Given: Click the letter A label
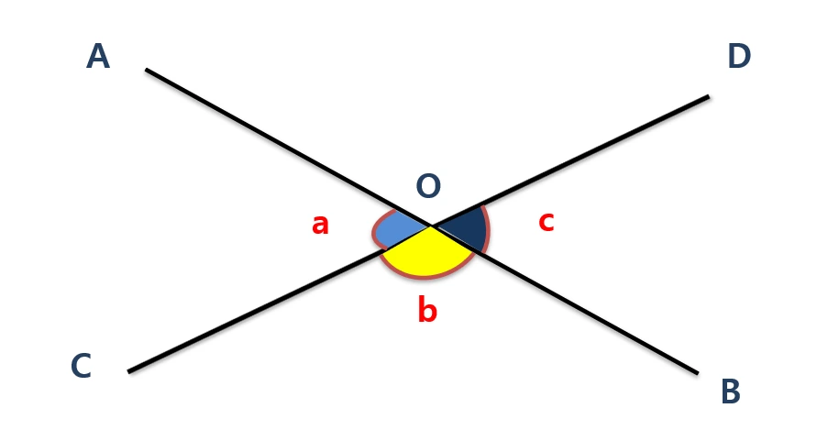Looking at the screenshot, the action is point(98,57).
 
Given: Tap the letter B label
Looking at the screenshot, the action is point(730,391).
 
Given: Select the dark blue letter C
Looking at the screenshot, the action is point(81,367).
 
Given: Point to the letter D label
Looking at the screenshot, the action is point(738,57).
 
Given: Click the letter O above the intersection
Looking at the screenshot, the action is point(428,187).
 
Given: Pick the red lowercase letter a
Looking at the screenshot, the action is point(320,223).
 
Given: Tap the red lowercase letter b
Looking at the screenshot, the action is point(427,311).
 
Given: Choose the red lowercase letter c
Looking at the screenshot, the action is point(546,220).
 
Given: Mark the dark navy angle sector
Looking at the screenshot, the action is point(466,229).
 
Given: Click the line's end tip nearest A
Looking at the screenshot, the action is point(147,70).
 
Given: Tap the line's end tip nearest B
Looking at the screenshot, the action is point(697,372).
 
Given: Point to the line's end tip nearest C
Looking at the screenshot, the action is point(129,371).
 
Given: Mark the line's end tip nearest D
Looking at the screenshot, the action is point(708,96).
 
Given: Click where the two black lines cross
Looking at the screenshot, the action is point(432,225).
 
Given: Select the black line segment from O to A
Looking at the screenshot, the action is point(289,148).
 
